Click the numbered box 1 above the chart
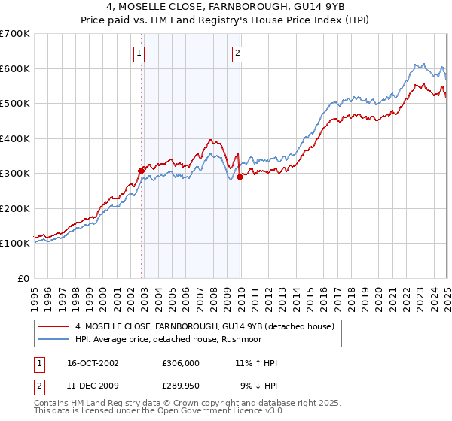click(141, 53)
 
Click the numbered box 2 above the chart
click(237, 53)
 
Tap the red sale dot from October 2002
click(141, 171)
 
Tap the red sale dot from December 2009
click(240, 177)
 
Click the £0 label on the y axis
click(24, 278)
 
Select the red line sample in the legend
click(53, 326)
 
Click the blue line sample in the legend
click(53, 338)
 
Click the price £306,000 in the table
click(180, 363)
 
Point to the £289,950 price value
click(180, 386)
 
